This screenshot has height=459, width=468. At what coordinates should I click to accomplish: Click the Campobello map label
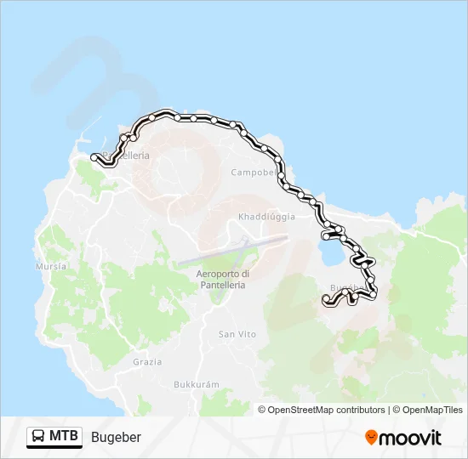(254, 172)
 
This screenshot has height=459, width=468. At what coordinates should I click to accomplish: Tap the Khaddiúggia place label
(267, 217)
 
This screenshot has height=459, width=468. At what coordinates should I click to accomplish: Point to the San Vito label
(237, 334)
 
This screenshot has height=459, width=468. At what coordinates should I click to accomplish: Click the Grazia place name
(147, 361)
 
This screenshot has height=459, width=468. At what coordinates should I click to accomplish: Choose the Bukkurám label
(197, 384)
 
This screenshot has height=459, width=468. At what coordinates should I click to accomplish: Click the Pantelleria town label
(128, 156)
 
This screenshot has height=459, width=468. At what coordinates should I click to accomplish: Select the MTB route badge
(54, 437)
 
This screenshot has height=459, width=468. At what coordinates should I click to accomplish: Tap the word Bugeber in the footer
(116, 437)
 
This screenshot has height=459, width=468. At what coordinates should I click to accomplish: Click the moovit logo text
(410, 438)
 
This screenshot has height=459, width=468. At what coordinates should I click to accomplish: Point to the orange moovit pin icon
(372, 438)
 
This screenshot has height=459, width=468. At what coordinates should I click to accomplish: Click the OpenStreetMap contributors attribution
(322, 410)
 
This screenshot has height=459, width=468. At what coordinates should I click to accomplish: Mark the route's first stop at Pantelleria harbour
(94, 156)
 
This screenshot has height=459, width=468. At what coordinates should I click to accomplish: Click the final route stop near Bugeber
(325, 298)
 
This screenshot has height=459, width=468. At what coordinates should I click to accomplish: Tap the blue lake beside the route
(328, 252)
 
